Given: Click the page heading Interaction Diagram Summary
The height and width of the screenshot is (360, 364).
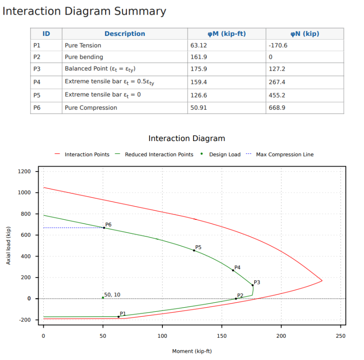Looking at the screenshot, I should pyautogui.click(x=84, y=11).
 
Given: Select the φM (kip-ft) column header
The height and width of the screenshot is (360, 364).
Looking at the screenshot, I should pyautogui.click(x=227, y=34).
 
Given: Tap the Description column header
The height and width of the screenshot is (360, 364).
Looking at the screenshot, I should pyautogui.click(x=125, y=34).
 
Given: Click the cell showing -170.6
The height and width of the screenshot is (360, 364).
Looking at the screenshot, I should pyautogui.click(x=278, y=46).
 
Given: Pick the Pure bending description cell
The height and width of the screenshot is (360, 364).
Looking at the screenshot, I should pyautogui.click(x=84, y=57).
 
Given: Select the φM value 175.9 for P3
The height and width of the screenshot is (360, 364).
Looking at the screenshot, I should pyautogui.click(x=199, y=69).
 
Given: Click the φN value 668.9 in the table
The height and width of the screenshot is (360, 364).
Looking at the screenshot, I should pyautogui.click(x=278, y=108).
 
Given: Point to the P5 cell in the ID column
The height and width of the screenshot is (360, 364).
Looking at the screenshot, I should pyautogui.click(x=37, y=95).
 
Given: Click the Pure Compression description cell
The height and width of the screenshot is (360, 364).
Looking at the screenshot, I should pyautogui.click(x=91, y=108).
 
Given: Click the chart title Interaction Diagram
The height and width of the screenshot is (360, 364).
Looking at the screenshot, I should pyautogui.click(x=187, y=138).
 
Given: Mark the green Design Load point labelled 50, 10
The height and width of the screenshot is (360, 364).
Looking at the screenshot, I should pyautogui.click(x=103, y=298).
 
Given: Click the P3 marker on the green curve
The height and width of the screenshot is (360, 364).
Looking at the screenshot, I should pyautogui.click(x=253, y=285).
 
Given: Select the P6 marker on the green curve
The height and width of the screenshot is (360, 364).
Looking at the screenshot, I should pyautogui.click(x=104, y=228).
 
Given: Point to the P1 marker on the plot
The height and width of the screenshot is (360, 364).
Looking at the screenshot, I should pyautogui.click(x=119, y=317).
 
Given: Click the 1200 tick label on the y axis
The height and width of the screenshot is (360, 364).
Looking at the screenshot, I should pyautogui.click(x=25, y=172).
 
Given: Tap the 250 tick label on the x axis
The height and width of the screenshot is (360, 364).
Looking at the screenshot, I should pyautogui.click(x=340, y=336).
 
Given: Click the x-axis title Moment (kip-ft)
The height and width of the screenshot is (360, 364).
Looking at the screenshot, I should pyautogui.click(x=192, y=351).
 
